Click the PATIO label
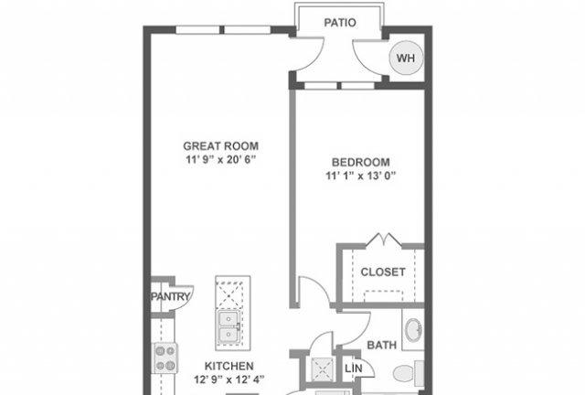click(340, 23)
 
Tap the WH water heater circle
click(406, 58)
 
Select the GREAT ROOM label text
click(221, 146)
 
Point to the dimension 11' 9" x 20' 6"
click(221, 160)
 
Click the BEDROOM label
click(361, 163)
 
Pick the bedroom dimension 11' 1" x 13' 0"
click(361, 176)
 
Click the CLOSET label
click(383, 272)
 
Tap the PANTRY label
click(171, 297)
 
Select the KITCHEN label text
click(229, 366)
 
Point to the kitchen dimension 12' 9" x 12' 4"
click(229, 379)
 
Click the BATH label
click(382, 345)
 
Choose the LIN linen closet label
click(354, 368)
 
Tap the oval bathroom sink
click(414, 329)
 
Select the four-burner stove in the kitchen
click(165, 358)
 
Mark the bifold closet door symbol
click(384, 240)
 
